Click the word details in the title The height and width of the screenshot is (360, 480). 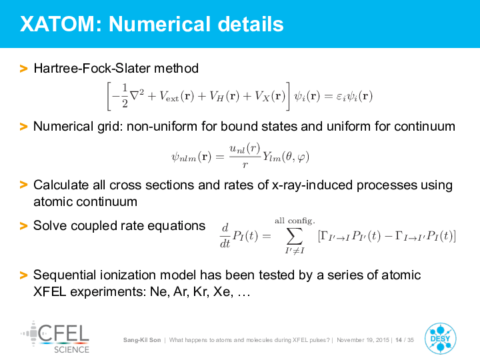pyautogui.click(x=251, y=24)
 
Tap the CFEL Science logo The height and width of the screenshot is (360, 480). pyautogui.click(x=55, y=337)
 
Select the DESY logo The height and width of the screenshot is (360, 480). pyautogui.click(x=440, y=339)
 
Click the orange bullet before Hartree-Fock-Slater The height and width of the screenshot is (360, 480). pyautogui.click(x=23, y=69)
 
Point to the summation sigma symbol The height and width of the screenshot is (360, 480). pyautogui.click(x=295, y=236)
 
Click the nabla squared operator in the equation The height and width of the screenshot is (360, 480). pyautogui.click(x=137, y=95)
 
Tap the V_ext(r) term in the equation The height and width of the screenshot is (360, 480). pyautogui.click(x=177, y=97)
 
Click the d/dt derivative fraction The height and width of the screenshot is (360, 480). pyautogui.click(x=225, y=235)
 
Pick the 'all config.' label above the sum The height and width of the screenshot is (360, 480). pyautogui.click(x=295, y=221)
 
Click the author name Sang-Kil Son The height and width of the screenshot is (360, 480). pyautogui.click(x=142, y=340)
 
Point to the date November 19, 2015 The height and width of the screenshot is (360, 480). pyautogui.click(x=363, y=340)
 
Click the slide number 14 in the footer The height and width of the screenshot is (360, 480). pyautogui.click(x=399, y=340)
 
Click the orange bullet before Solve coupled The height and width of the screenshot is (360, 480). pyautogui.click(x=23, y=226)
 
